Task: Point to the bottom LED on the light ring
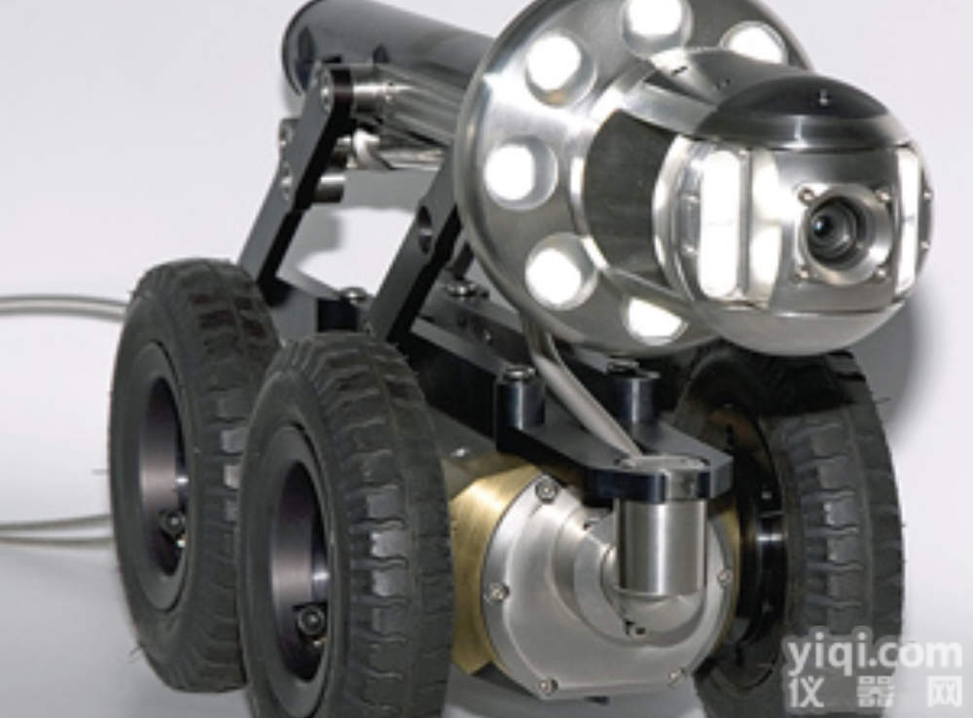(x=655, y=320)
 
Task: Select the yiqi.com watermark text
(x=873, y=656)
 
